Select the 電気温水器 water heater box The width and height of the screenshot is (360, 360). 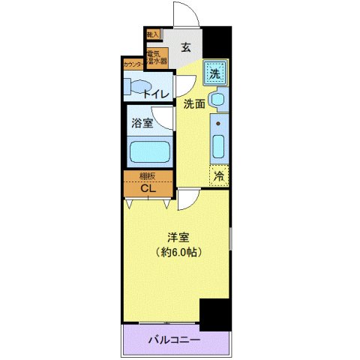(157, 58)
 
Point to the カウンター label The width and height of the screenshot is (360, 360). (134, 65)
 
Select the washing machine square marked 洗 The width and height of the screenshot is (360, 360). (215, 73)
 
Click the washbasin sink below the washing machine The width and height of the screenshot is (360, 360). (217, 100)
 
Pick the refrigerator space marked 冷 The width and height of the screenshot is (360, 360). (218, 176)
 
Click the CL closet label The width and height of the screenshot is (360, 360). (148, 188)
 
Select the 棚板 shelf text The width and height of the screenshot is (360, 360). (148, 177)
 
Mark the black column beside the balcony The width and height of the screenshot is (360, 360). (215, 314)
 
